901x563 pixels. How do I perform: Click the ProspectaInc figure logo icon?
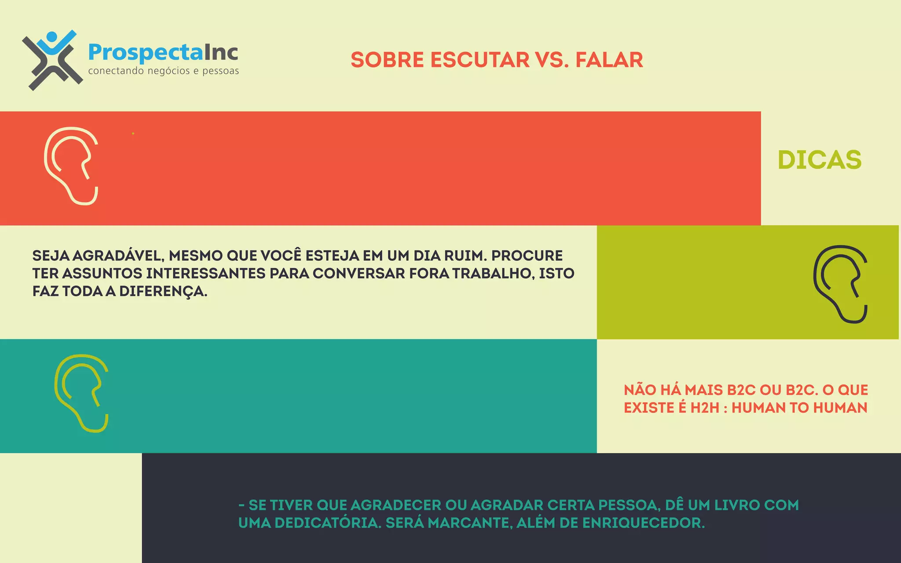point(52,60)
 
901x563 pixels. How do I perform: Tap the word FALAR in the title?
point(609,60)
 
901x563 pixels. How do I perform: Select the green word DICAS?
point(819,160)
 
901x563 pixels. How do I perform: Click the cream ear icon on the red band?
point(71,166)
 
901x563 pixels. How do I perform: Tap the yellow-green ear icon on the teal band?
point(82,393)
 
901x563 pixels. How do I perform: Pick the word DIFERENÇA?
point(163,292)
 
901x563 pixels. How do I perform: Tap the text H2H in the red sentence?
point(704,408)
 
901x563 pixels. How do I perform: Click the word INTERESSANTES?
point(206,274)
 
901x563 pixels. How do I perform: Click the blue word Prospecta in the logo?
point(145,52)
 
